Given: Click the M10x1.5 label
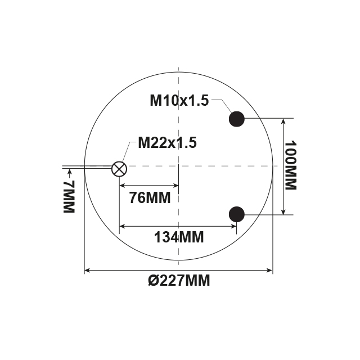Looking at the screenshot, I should pos(179,101).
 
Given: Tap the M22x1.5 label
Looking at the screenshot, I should pos(167,143).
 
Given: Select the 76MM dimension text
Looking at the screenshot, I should pos(150,198).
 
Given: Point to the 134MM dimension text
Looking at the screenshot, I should pos(179,236).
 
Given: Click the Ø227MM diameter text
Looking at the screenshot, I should pos(179,280).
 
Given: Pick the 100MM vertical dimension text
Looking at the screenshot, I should pos(290,166).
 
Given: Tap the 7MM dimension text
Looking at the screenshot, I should pos(68,197).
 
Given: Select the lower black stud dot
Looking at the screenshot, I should pos(236,213).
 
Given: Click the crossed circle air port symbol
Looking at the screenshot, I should pos(119,168).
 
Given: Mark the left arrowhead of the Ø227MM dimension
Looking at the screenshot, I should pos(87,271).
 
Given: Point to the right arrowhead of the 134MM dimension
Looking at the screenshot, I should pos(233,227).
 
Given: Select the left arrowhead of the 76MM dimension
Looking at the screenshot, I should pos(122,186).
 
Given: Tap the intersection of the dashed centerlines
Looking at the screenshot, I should pos(178,166).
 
